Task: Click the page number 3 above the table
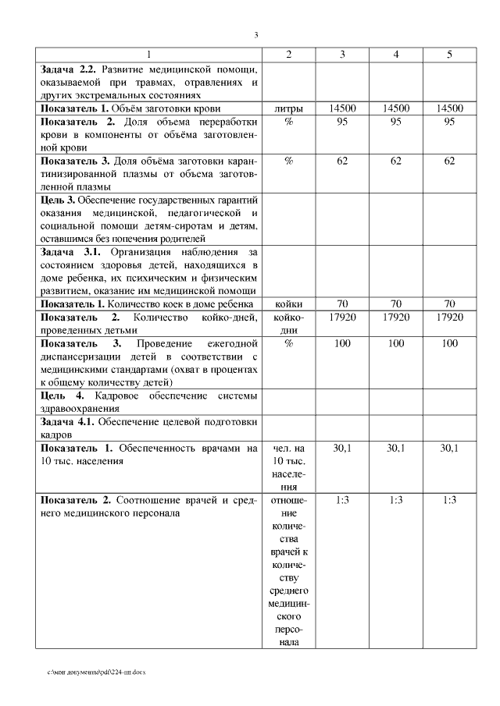tap(256, 35)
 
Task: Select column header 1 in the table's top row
tap(150, 55)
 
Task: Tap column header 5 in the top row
tap(448, 55)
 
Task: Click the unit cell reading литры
tap(289, 108)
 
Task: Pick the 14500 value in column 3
tap(342, 108)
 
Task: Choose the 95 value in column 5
tap(448, 122)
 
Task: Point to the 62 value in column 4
tap(396, 161)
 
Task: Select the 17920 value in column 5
tap(448, 318)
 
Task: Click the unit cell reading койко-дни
tap(289, 324)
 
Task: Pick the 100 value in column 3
tap(342, 343)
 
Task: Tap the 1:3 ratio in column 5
tap(448, 500)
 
